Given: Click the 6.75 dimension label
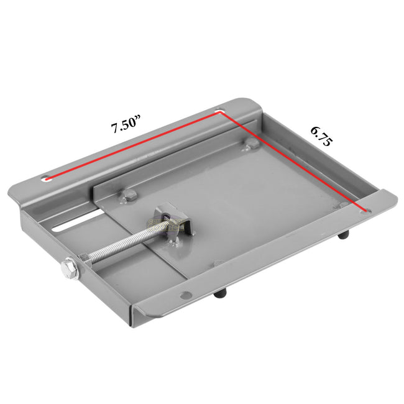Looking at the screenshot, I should pos(321,135).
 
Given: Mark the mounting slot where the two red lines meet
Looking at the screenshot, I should pos(219,112).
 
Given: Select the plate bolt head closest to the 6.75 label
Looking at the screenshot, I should pos(251,145).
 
